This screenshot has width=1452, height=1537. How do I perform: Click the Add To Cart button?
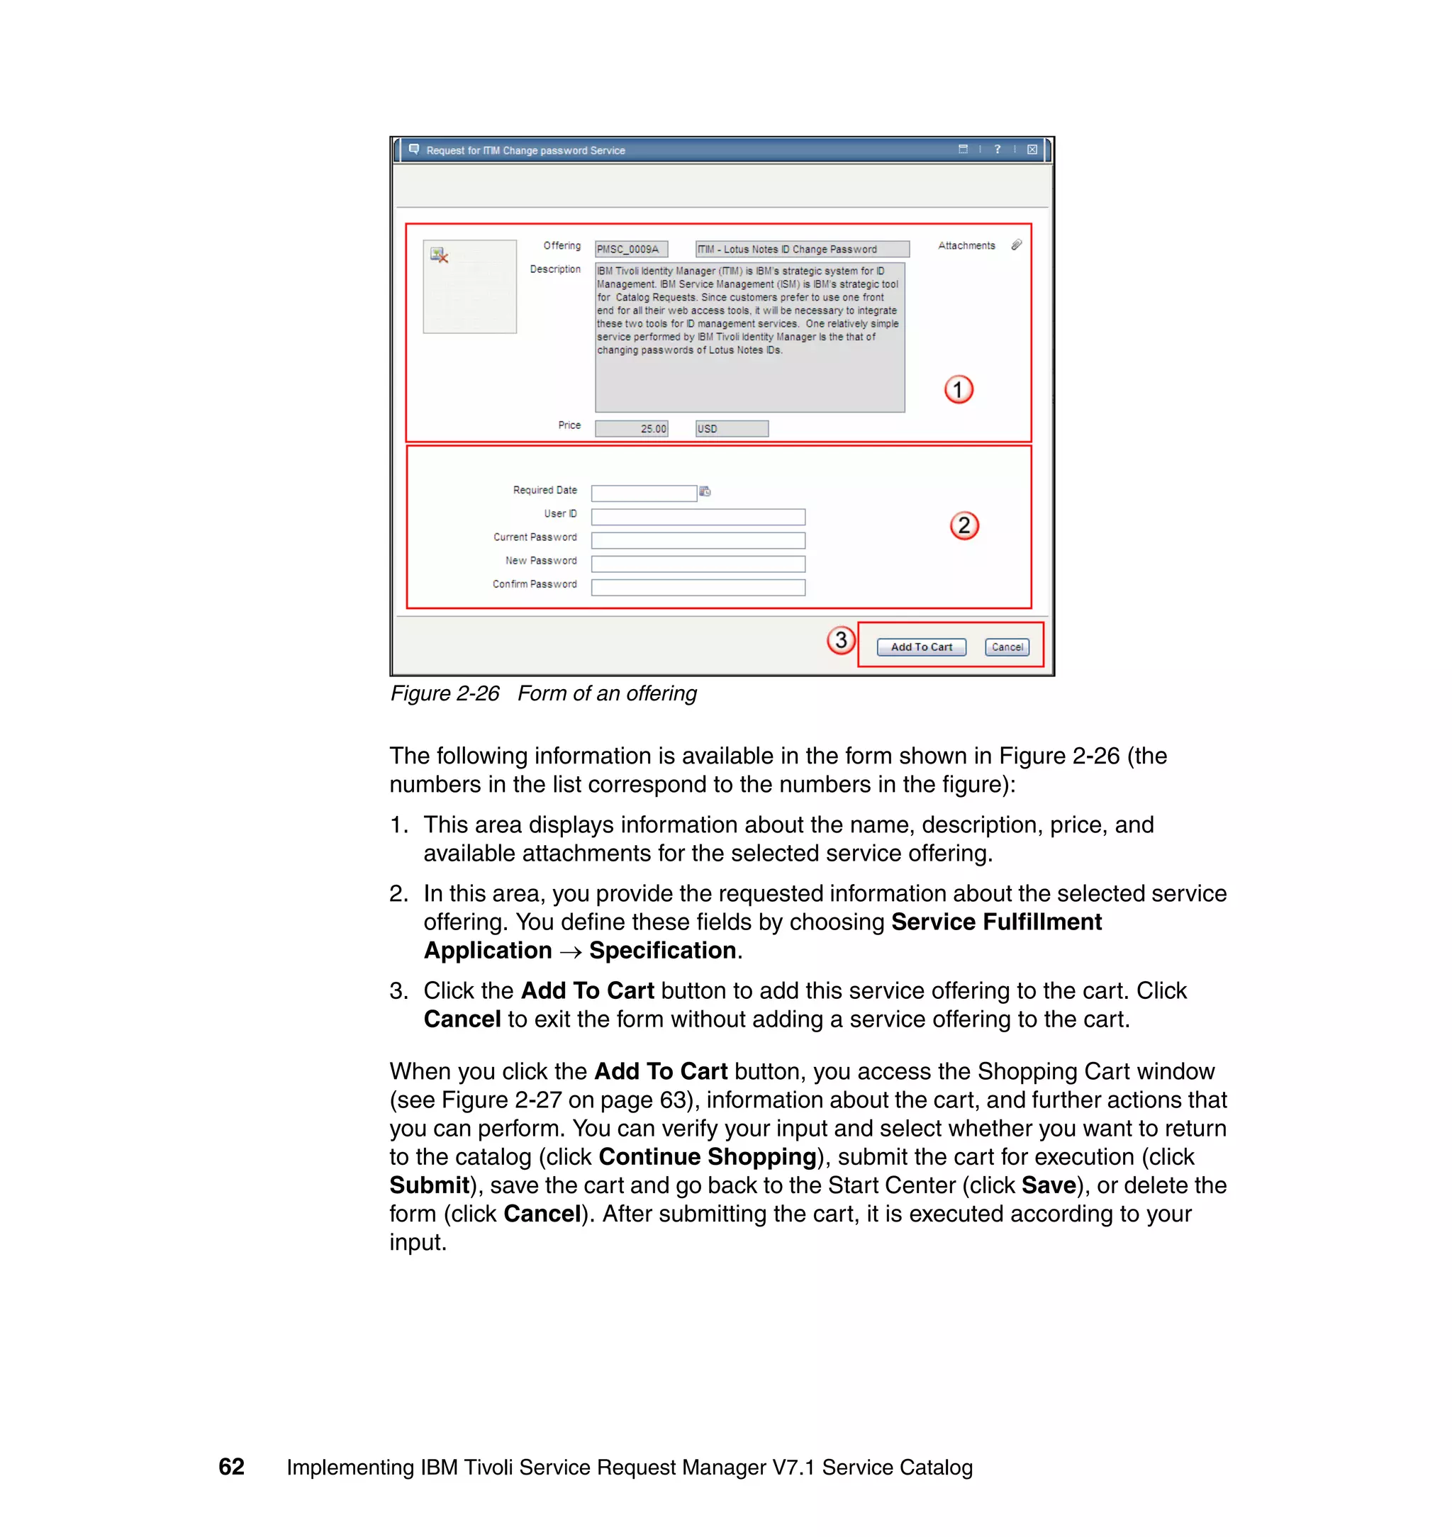(921, 647)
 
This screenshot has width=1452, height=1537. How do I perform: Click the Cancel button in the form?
(1007, 647)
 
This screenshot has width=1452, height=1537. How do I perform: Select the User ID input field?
(698, 516)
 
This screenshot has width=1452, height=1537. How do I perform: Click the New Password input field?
(698, 564)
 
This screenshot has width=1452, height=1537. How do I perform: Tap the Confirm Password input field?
(698, 588)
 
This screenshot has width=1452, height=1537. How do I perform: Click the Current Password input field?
(698, 540)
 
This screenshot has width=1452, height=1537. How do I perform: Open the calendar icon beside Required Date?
(704, 491)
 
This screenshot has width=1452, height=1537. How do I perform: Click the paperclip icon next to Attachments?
(1016, 245)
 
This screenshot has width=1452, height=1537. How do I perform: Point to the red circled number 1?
(959, 389)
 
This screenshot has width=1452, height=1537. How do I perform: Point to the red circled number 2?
(964, 525)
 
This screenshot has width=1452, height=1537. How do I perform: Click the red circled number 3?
(841, 640)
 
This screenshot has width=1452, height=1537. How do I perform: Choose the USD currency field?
(732, 429)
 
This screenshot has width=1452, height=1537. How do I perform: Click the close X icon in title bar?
(1032, 150)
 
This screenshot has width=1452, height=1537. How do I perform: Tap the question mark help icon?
(997, 150)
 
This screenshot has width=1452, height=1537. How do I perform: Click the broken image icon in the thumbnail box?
(440, 255)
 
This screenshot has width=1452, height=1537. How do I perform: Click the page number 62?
(231, 1467)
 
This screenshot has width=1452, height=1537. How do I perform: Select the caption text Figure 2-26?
(445, 693)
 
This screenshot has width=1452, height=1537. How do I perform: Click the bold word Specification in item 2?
(661, 951)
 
